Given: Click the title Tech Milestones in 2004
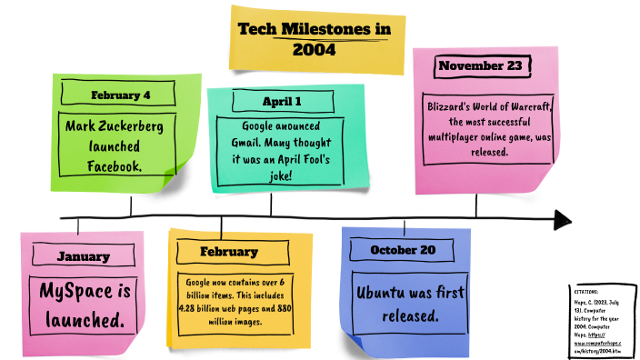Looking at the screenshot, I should [315, 39].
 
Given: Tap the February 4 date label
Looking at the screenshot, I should [120, 95].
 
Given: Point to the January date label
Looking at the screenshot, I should [83, 255].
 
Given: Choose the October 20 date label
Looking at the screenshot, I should [404, 250].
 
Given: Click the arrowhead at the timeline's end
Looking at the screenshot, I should [563, 219].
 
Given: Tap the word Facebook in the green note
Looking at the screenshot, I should [114, 165].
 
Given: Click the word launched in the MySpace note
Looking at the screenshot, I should [83, 320].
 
